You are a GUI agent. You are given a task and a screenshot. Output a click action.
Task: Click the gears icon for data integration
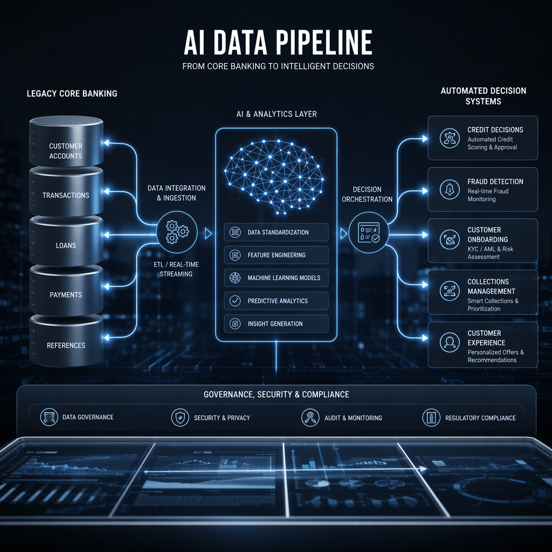click(177, 232)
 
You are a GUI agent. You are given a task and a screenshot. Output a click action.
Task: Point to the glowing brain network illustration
click(274, 177)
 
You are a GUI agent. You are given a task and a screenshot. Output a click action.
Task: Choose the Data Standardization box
click(276, 232)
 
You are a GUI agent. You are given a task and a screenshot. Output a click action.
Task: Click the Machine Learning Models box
click(276, 278)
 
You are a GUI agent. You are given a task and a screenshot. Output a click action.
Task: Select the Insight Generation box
click(276, 323)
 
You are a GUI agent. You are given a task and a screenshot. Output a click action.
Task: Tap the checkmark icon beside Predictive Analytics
click(235, 301)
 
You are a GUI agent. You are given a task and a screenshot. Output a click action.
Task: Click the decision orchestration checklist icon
click(369, 233)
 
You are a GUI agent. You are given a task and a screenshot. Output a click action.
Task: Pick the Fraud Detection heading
click(495, 182)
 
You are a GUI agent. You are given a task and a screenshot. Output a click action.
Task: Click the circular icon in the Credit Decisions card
click(450, 137)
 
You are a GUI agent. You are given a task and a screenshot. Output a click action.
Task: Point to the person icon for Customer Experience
click(450, 342)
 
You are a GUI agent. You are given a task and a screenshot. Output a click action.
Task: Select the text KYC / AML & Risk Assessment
click(490, 253)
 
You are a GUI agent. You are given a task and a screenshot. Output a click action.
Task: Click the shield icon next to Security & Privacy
click(180, 418)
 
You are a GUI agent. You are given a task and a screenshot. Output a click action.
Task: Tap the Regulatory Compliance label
click(480, 418)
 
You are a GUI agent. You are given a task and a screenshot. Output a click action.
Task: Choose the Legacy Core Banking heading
click(72, 94)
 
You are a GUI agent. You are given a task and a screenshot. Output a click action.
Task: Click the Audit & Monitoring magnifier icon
click(310, 418)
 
